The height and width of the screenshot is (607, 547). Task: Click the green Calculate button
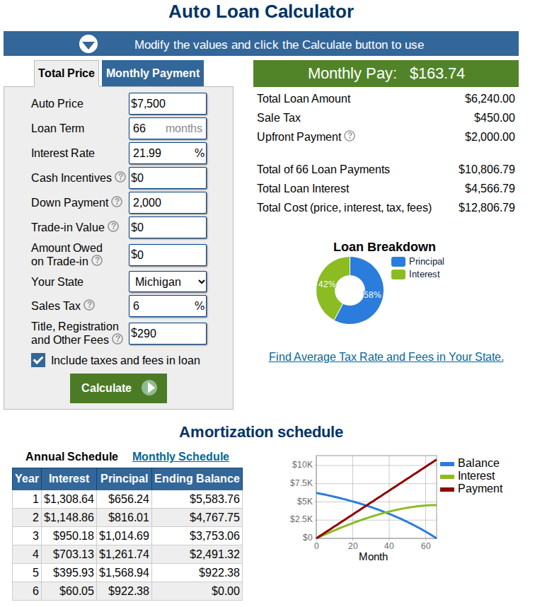click(118, 388)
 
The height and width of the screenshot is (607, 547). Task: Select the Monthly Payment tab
click(153, 73)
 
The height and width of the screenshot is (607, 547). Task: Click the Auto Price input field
click(168, 103)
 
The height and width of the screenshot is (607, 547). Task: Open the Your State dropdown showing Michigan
click(168, 282)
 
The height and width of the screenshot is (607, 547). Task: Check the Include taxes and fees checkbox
click(39, 360)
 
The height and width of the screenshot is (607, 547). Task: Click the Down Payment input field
click(168, 202)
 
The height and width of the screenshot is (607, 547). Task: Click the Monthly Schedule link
click(180, 456)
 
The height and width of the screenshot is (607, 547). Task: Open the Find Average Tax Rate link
click(386, 357)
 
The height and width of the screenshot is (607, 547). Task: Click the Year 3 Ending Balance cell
click(197, 536)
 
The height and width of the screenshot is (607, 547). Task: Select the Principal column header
click(124, 478)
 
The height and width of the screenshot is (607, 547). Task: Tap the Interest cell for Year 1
click(69, 499)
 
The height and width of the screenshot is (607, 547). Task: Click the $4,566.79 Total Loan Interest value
click(489, 188)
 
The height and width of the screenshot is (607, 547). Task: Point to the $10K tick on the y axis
click(302, 465)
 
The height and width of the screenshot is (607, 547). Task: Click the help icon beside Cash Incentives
click(120, 177)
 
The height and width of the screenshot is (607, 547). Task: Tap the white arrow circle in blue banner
click(88, 45)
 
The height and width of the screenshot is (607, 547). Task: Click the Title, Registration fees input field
click(168, 333)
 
